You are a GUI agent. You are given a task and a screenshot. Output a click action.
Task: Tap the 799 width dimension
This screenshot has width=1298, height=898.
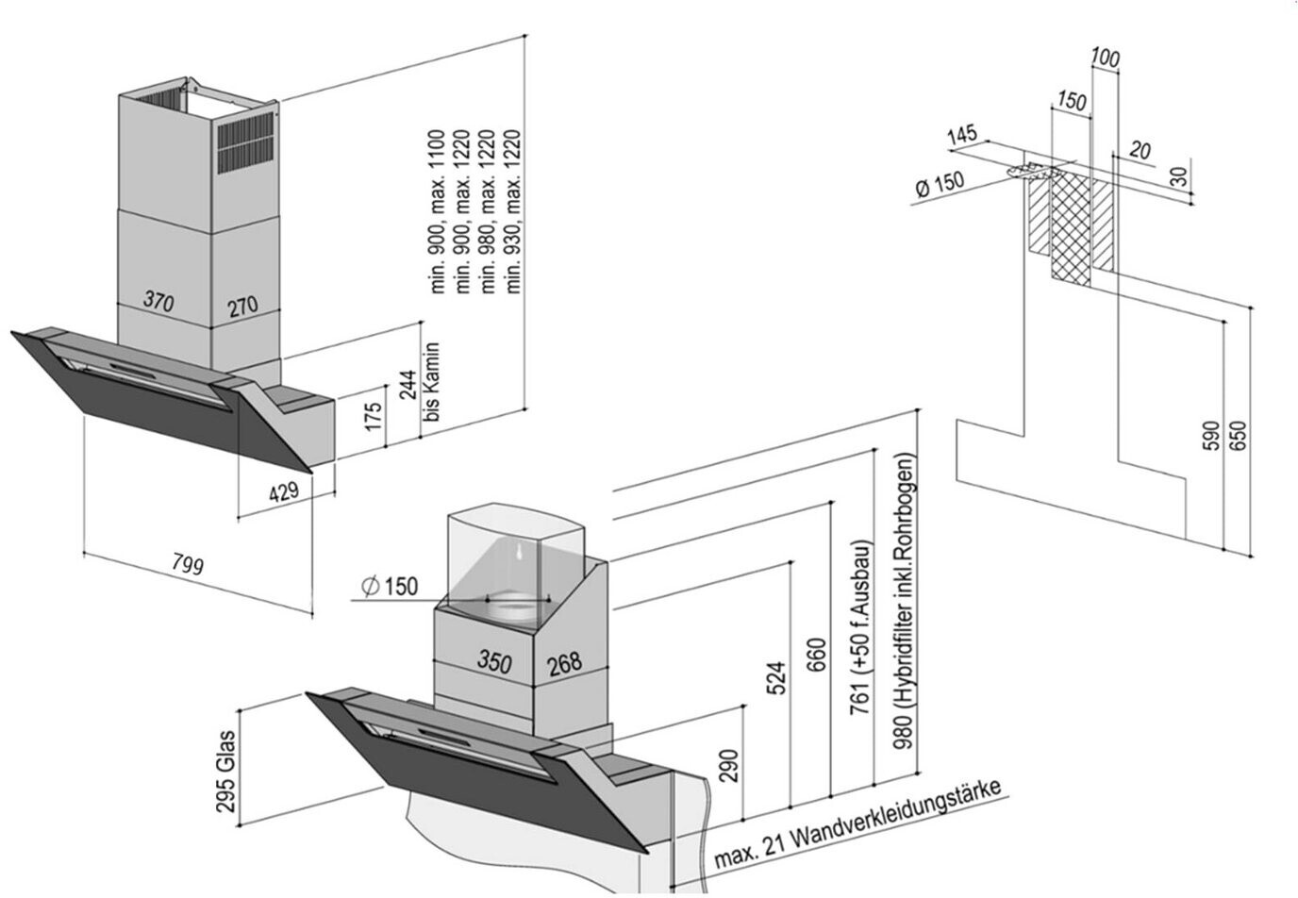(188, 563)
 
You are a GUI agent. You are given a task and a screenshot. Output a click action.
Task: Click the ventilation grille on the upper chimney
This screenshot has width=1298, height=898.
(248, 143)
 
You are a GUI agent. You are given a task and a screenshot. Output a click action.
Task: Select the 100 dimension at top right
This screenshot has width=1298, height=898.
(1106, 58)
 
